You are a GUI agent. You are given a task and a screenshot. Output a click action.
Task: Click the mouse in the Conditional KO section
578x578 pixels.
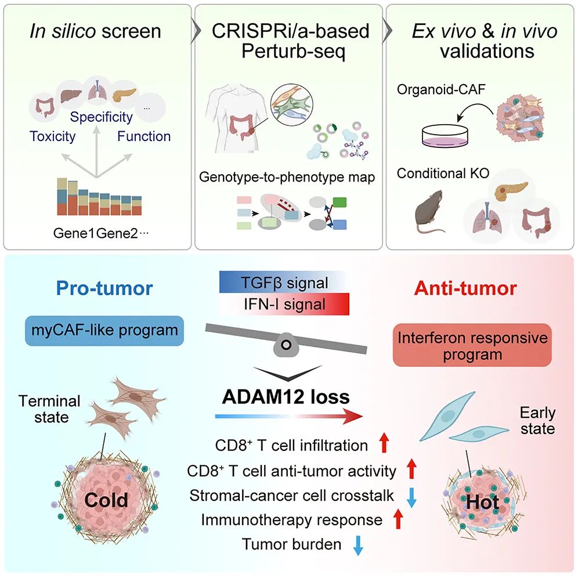429,212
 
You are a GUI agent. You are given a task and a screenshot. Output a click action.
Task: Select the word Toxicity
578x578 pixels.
52,136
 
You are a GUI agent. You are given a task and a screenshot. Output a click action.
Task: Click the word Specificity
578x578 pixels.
102,117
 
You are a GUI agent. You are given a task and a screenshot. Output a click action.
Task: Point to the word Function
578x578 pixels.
144,136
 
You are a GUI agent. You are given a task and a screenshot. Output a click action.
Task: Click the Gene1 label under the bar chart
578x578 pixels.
74,233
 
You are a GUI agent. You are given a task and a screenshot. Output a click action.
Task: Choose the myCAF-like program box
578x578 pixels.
104,331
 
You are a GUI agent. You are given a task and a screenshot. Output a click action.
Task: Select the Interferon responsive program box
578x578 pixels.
472,345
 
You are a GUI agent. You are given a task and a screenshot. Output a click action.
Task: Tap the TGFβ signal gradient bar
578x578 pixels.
284,283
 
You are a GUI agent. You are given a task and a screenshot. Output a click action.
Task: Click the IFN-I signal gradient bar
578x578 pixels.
284,304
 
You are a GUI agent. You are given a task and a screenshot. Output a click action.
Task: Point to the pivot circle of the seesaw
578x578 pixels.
286,345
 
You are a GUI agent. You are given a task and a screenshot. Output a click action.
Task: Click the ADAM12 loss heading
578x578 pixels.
286,396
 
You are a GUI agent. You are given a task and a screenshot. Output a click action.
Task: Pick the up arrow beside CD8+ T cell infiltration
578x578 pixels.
384,443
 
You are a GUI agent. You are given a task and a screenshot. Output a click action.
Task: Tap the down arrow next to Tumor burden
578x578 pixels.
358,546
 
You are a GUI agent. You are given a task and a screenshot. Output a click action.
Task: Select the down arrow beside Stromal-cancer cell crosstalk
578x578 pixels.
411,498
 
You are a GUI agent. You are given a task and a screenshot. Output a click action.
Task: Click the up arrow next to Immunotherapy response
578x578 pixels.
398,519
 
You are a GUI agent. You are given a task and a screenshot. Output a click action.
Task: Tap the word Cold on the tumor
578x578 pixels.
106,500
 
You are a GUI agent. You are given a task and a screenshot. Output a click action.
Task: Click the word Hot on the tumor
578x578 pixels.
482,502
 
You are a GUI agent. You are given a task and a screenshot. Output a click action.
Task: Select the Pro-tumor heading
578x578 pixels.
104,288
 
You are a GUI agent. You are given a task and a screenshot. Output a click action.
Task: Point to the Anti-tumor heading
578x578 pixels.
465,288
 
